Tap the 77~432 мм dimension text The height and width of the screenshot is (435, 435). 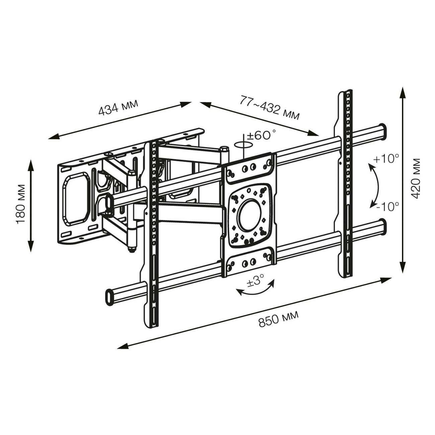[x=269, y=107]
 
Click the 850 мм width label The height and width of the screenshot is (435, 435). [x=278, y=319]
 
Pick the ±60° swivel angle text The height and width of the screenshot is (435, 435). [x=261, y=135]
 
